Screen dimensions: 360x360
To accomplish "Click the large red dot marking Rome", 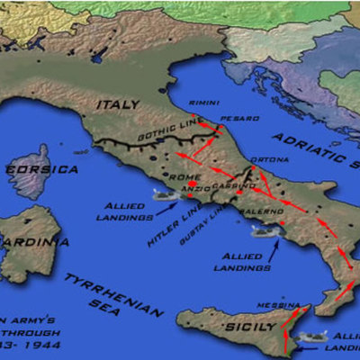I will (167, 186).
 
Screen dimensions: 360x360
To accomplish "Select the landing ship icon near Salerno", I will (265, 232).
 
